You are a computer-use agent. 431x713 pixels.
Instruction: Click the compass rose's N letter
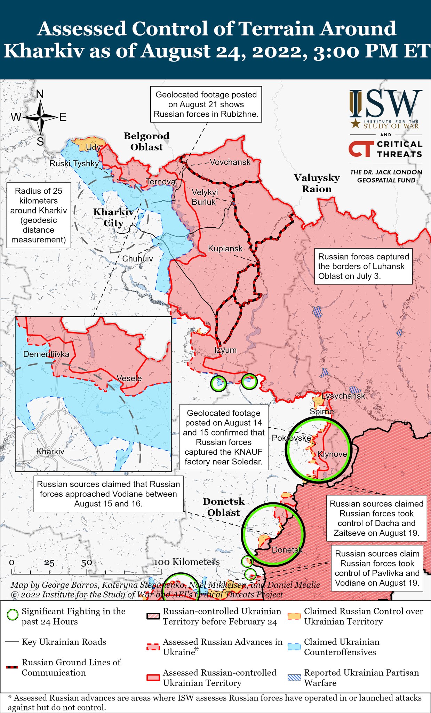[40, 94]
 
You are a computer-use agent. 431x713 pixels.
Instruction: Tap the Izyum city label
[225, 350]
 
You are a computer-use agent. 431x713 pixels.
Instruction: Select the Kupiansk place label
[225, 249]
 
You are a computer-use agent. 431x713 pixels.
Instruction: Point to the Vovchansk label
[230, 162]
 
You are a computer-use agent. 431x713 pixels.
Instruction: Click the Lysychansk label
[343, 396]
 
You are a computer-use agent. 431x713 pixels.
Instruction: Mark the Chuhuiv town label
[137, 259]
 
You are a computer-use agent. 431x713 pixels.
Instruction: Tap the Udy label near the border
[93, 147]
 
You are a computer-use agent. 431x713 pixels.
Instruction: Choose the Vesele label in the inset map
[129, 378]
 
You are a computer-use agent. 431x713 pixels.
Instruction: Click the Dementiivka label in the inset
[46, 354]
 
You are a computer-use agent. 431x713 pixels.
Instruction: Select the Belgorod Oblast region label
[146, 141]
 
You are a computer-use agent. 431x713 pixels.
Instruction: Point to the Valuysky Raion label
[317, 183]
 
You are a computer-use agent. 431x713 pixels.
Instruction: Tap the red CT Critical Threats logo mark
[360, 149]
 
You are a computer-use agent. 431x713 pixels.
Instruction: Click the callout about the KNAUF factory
[224, 437]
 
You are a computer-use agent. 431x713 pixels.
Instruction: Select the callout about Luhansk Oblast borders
[363, 266]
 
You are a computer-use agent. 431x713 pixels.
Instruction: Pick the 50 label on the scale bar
[87, 563]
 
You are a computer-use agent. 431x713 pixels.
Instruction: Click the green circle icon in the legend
[13, 615]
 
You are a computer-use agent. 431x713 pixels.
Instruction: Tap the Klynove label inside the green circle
[332, 454]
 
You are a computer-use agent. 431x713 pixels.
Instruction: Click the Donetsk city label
[287, 550]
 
